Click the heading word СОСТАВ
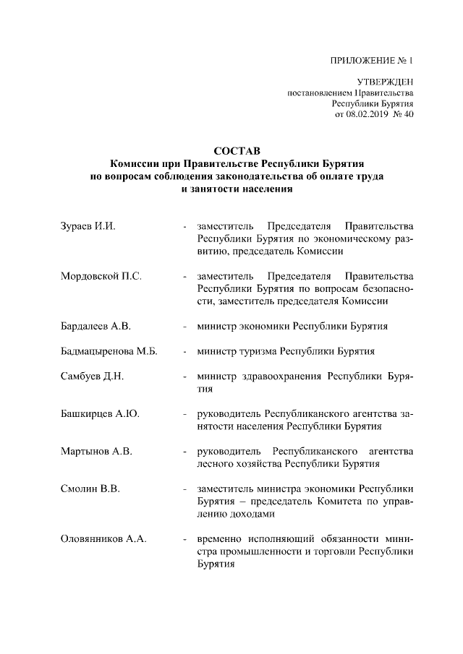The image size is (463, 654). [231, 151]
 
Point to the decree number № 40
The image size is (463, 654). [402, 115]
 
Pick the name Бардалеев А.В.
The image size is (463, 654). [95, 326]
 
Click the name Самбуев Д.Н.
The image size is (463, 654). [93, 377]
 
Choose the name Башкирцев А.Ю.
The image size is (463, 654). [99, 414]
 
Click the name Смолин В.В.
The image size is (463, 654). [90, 489]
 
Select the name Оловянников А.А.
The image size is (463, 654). [103, 539]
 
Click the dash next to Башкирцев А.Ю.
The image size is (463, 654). [186, 414]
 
